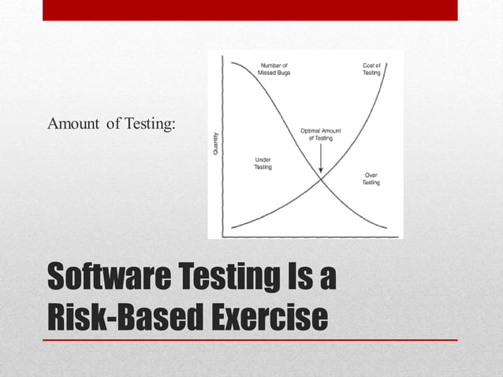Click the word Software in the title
(101, 279)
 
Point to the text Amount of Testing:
(111, 124)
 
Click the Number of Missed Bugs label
(273, 68)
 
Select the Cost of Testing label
(371, 68)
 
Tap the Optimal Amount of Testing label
(320, 133)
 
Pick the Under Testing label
(263, 163)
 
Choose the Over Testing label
(371, 178)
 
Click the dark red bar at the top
(249, 9)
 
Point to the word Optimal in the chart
(312, 129)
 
